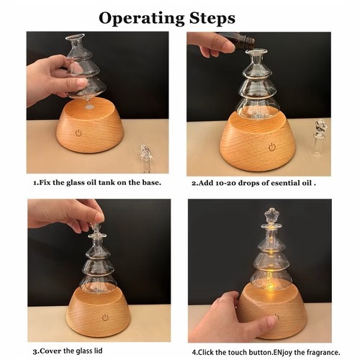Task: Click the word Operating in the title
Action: pyautogui.click(x=142, y=19)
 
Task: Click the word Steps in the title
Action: pyautogui.click(x=212, y=18)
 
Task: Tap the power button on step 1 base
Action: pyautogui.click(x=78, y=132)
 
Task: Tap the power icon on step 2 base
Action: pyautogui.click(x=272, y=147)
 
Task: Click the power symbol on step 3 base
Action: pyautogui.click(x=105, y=318)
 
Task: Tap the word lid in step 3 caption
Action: pyautogui.click(x=97, y=351)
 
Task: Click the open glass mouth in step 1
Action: pyautogui.click(x=75, y=37)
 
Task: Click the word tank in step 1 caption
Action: pyautogui.click(x=104, y=183)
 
